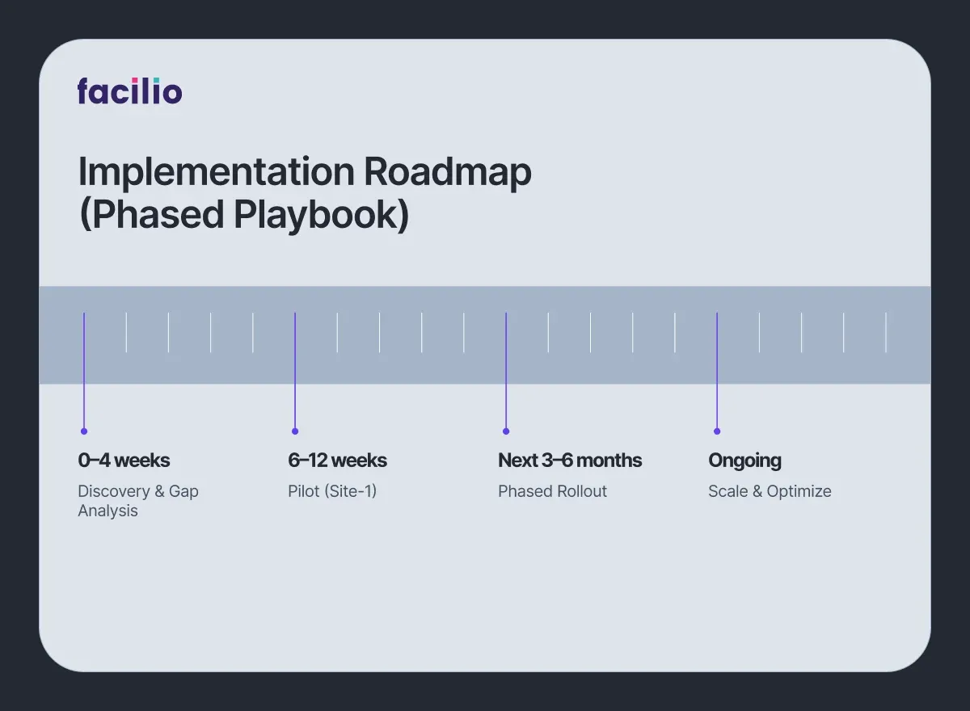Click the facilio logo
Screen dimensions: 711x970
pos(130,90)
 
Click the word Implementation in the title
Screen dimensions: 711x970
pos(216,172)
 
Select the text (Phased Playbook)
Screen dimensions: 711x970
pos(243,214)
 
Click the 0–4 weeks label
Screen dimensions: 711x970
pos(124,461)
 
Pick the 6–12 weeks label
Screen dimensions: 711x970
pos(337,461)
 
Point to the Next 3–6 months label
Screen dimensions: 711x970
pos(570,461)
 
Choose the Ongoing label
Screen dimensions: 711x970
pos(744,461)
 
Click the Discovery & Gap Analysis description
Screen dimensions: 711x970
pos(137,501)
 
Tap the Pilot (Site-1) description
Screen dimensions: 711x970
pos(332,491)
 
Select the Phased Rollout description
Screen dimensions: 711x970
pos(552,491)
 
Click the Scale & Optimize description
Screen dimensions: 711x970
pos(770,491)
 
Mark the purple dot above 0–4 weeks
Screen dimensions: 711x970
pos(84,431)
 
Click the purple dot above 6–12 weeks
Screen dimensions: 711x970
pos(295,431)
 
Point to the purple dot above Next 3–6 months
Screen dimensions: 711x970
pos(506,431)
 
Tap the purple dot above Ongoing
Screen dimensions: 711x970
pos(717,431)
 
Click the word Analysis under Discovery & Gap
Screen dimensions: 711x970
pos(108,511)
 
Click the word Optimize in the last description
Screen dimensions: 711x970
pos(799,491)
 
